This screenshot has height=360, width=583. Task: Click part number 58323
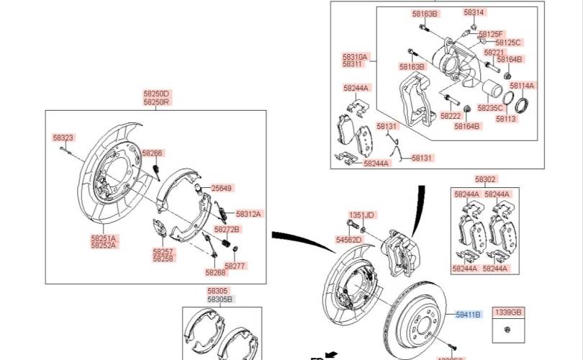tap(63, 137)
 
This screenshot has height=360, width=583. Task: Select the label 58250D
tap(155, 94)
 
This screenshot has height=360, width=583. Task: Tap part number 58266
tap(153, 153)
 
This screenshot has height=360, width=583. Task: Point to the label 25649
tap(222, 189)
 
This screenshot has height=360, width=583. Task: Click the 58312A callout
tap(249, 214)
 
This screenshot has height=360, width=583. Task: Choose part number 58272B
tap(227, 230)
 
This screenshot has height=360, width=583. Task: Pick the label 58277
tap(235, 266)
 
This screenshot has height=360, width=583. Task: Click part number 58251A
tap(104, 238)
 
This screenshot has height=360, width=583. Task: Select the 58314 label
tap(474, 13)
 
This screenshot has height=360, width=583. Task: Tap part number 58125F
tap(493, 34)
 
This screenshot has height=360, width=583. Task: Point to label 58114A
tap(522, 86)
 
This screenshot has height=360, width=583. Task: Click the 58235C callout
tap(490, 108)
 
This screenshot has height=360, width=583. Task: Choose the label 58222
tap(451, 116)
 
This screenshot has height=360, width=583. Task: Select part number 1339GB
tap(507, 312)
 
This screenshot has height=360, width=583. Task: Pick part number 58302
tap(485, 179)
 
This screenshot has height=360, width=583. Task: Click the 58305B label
tap(220, 300)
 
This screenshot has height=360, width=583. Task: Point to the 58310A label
tap(355, 56)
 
